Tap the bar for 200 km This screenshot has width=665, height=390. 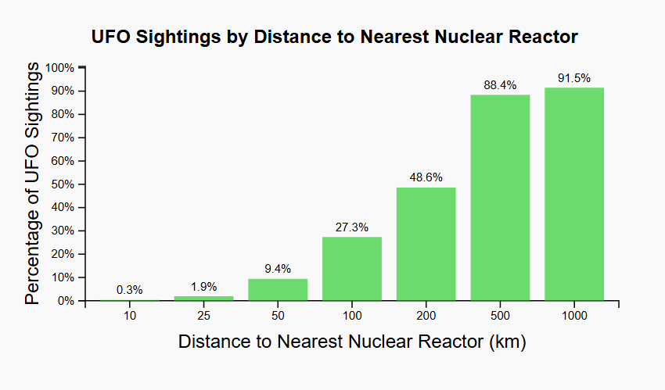coord(426,244)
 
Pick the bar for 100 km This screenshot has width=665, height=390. coord(352,269)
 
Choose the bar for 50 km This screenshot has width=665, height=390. coord(278,290)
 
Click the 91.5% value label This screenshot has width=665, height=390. coord(574,78)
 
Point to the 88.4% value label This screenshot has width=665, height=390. coord(500,85)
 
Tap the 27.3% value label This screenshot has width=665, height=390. coord(352,227)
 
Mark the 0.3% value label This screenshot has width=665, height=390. coord(129,290)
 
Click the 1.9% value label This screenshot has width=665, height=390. coord(203,287)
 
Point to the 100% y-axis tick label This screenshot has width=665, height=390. coord(60,68)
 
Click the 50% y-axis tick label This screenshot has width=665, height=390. coord(63,184)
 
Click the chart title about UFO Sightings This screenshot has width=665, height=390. coord(334,37)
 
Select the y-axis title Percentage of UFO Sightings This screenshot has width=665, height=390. coord(31,184)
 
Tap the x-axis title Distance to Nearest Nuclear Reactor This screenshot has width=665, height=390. coord(351,342)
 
